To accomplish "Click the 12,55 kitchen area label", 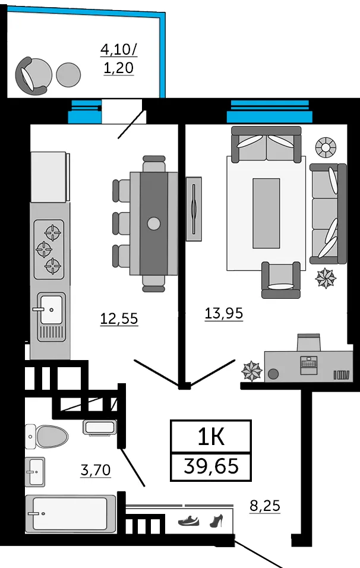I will (x=119, y=319).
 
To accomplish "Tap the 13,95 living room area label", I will (x=223, y=313).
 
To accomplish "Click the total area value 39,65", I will (x=211, y=466).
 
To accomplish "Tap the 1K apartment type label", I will (x=211, y=437).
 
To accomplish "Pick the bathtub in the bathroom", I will (x=70, y=514).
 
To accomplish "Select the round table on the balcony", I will (x=68, y=74).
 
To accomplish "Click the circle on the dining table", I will (x=154, y=223).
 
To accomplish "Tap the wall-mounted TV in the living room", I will (x=193, y=209).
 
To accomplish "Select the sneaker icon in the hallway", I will (x=189, y=521).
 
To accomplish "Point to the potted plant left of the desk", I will (x=251, y=371).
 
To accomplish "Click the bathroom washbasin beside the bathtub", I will (x=34, y=472).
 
